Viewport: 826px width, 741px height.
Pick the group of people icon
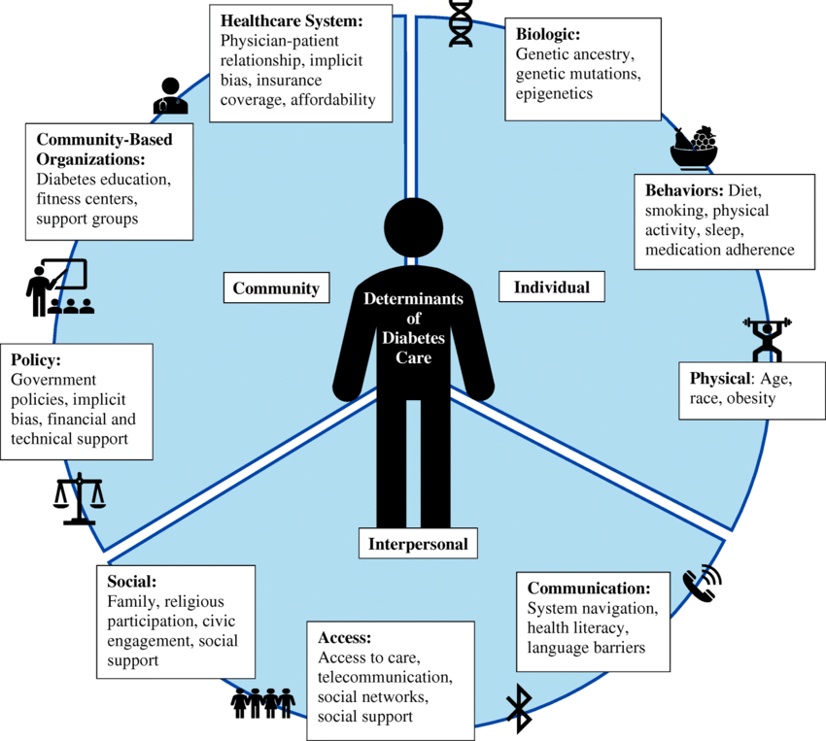point(262,702)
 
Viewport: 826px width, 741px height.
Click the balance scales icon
point(79,498)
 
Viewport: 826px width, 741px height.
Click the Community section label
point(276,288)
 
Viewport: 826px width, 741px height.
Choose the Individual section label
point(551,287)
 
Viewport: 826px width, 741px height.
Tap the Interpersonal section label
point(418,544)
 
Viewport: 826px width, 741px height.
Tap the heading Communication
point(588,589)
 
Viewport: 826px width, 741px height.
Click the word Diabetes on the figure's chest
point(414,338)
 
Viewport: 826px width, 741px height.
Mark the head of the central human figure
point(415,226)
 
